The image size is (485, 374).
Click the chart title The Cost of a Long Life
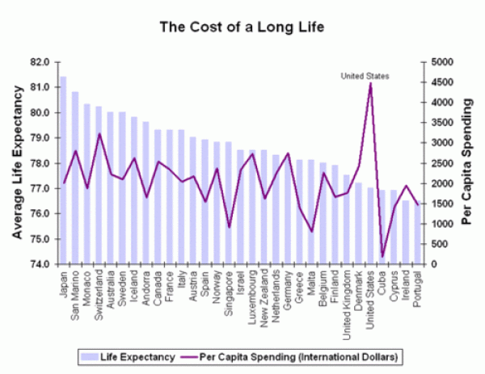pyautogui.click(x=242, y=27)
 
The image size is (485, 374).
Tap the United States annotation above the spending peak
pyautogui.click(x=365, y=77)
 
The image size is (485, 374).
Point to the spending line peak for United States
pyautogui.click(x=370, y=84)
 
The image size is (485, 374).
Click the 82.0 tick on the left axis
pyautogui.click(x=40, y=62)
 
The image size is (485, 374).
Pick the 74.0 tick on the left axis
pyautogui.click(x=40, y=264)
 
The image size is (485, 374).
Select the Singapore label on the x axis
pyautogui.click(x=230, y=293)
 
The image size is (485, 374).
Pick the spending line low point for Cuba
pyautogui.click(x=382, y=256)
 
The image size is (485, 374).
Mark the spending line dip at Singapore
pyautogui.click(x=229, y=227)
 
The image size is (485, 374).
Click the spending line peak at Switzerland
pyautogui.click(x=99, y=134)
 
